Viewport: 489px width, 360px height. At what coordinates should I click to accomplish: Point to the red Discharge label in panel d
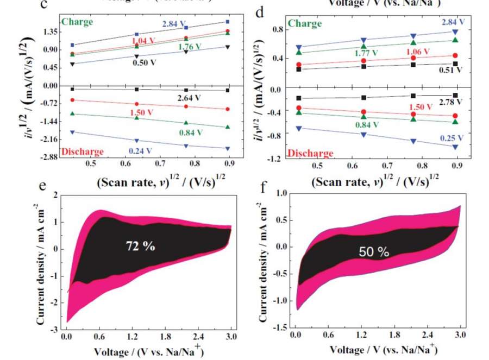coord(310,154)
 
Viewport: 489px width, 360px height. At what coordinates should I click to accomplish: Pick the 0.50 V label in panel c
coord(147,62)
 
